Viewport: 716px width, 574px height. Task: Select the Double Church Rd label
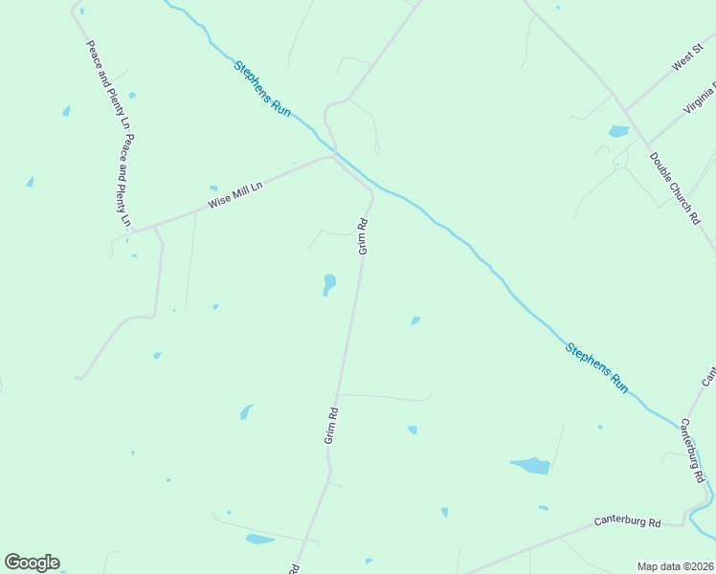(675, 188)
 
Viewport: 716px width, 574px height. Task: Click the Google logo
(32, 563)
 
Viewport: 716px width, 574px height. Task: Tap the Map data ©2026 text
(675, 566)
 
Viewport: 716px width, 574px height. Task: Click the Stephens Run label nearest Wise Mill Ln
(262, 89)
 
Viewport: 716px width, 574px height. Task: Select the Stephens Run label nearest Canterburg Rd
(597, 367)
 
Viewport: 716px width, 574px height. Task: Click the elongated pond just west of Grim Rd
(328, 284)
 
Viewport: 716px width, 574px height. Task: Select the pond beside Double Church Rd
(618, 131)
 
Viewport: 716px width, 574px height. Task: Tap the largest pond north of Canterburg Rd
(531, 466)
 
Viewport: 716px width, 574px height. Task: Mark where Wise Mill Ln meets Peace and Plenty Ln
(133, 231)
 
